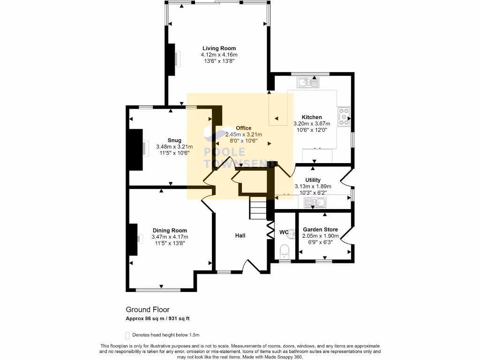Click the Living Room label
click(x=219, y=48)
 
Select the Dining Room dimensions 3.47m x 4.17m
click(x=169, y=237)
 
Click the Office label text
click(x=243, y=128)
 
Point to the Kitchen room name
click(x=311, y=117)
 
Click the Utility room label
click(x=313, y=180)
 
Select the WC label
click(x=284, y=232)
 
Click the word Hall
click(x=240, y=236)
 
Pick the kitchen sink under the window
click(x=308, y=82)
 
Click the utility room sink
click(x=315, y=203)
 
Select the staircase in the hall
click(x=257, y=208)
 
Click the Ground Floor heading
click(x=147, y=309)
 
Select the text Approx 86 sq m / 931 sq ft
click(x=157, y=319)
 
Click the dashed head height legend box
click(x=127, y=335)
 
